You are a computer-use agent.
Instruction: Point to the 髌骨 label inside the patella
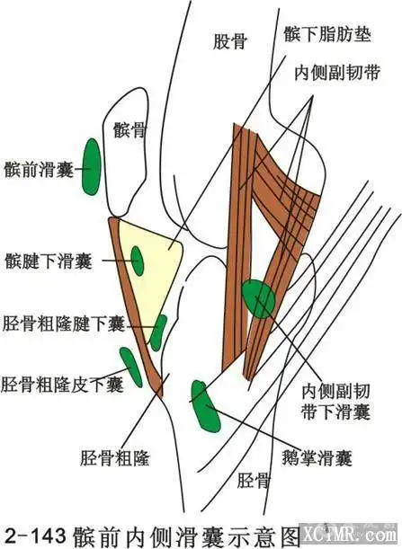coord(130,130)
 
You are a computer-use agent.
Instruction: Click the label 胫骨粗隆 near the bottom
coord(114,457)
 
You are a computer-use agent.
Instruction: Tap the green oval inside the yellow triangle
coord(138,261)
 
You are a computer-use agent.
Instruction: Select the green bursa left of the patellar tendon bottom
coord(131,365)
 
